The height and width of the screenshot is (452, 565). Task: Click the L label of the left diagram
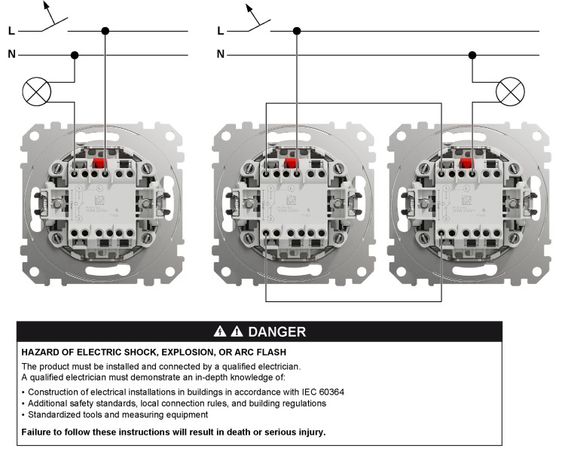[x=11, y=31]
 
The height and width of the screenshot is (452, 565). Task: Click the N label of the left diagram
[x=11, y=54]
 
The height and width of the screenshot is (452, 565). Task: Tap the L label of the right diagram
[x=220, y=31]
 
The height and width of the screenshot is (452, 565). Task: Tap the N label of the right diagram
[x=220, y=54]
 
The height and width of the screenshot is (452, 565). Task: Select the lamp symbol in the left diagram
[x=35, y=93]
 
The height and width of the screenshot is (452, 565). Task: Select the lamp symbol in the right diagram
[x=511, y=93]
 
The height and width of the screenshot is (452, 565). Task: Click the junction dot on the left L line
[x=105, y=31]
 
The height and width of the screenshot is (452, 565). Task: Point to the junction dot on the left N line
[x=75, y=54]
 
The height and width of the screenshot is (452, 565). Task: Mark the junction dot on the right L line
[x=297, y=31]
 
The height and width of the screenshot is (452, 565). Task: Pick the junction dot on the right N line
[x=472, y=54]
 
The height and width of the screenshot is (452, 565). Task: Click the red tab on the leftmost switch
[x=97, y=161]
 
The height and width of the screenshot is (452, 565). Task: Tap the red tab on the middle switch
[x=290, y=161]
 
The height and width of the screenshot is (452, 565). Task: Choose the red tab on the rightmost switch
[x=465, y=161]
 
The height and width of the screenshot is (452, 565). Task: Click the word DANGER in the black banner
[x=276, y=331]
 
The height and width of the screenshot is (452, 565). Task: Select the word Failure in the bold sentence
[x=38, y=432]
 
